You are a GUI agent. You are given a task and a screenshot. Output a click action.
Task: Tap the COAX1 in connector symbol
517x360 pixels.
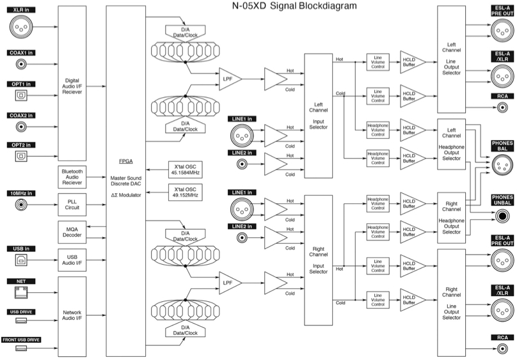[x=22, y=64]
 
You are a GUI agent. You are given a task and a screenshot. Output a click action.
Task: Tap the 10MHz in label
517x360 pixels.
[x=22, y=192]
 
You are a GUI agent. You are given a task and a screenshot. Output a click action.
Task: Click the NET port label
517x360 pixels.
[x=22, y=280]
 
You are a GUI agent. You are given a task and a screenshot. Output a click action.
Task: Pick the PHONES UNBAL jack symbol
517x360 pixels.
[x=502, y=217]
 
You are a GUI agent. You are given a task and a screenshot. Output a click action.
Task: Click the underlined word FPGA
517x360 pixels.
[x=126, y=163]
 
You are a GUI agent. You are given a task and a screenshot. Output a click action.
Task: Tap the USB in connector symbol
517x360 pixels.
[x=22, y=260]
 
